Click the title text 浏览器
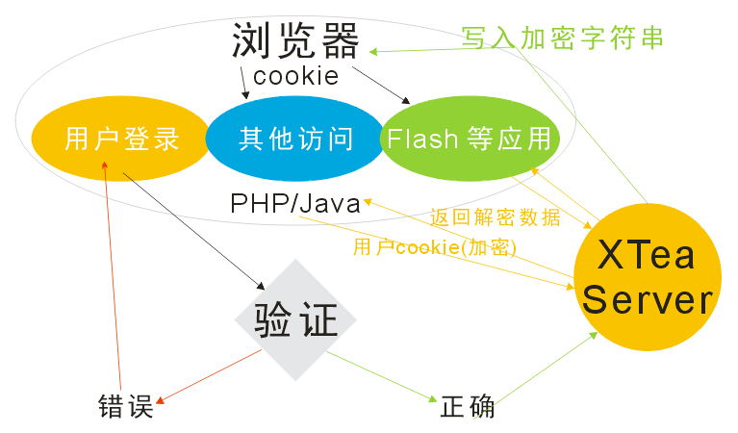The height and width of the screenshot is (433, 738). [x=295, y=41]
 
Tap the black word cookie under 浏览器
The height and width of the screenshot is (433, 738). [x=295, y=75]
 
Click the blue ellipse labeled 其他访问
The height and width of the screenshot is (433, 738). [x=295, y=139]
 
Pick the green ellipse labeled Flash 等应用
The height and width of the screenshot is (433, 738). [x=470, y=139]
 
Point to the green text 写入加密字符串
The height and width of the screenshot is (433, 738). [x=563, y=38]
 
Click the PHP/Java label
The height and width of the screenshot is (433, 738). [x=295, y=204]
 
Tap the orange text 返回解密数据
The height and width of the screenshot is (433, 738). [x=496, y=217]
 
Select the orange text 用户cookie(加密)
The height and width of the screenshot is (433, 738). [x=435, y=247]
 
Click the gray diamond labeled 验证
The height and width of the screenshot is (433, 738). [x=295, y=319]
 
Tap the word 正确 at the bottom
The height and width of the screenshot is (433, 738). [x=468, y=406]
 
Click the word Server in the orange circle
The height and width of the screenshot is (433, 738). [x=648, y=301]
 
